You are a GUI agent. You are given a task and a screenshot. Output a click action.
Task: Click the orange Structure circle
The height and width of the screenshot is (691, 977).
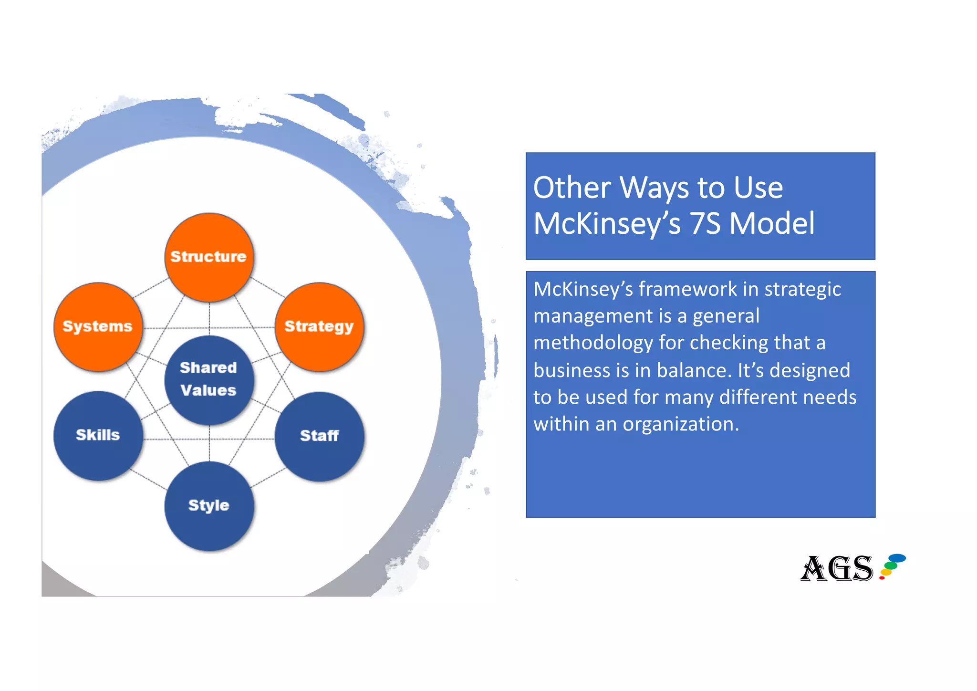click(209, 257)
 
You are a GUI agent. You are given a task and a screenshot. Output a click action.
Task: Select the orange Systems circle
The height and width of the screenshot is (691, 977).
click(98, 327)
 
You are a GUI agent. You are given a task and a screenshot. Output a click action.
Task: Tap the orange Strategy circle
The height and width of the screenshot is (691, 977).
click(319, 327)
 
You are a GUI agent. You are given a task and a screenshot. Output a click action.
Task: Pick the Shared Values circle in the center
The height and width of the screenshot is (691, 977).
click(209, 380)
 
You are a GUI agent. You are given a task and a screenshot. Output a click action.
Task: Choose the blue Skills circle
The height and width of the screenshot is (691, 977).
click(98, 435)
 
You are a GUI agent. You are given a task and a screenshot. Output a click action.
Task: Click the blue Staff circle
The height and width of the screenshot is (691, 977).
click(319, 436)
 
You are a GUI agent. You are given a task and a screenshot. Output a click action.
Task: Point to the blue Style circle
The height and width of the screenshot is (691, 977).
click(209, 506)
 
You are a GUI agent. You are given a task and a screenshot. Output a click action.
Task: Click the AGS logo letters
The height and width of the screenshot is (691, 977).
click(836, 568)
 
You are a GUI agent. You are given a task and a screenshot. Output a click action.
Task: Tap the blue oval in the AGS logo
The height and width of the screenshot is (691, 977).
click(897, 558)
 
